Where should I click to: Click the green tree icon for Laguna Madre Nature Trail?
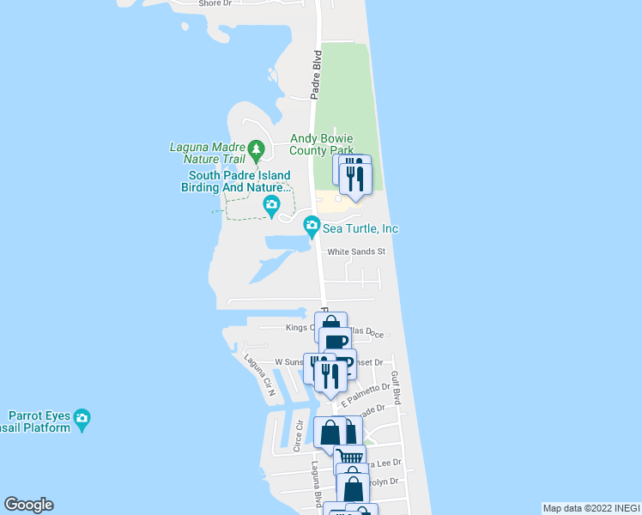(256, 152)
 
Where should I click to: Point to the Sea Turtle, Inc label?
(360, 228)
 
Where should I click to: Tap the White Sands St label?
(356, 252)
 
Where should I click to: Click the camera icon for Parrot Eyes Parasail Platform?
(82, 420)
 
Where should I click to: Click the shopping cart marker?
(349, 457)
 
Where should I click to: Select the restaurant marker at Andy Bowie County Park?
(354, 177)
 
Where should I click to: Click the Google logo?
(28, 505)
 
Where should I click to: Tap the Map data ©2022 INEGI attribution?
(591, 508)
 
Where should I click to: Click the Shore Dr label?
(215, 3)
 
